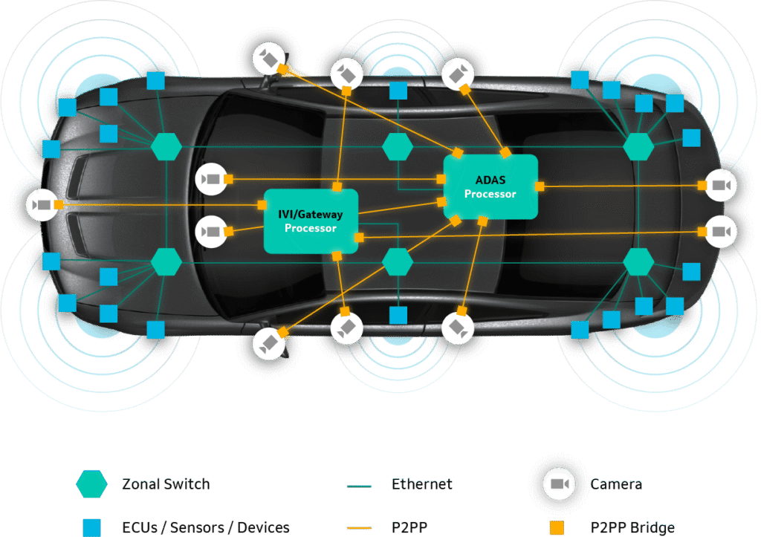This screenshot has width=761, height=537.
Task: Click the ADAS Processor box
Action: click(490, 186)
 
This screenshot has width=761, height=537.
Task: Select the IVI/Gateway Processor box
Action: click(311, 221)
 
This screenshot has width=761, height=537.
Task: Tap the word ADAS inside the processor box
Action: click(490, 180)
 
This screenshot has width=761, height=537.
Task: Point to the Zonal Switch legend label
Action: click(166, 485)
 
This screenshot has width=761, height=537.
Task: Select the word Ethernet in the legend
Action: click(421, 485)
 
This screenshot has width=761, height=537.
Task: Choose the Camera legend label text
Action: click(616, 485)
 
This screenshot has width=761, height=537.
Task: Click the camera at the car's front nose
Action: click(42, 204)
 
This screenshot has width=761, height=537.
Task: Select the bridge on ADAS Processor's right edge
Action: click(540, 186)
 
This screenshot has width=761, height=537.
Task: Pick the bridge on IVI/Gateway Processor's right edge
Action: click(360, 238)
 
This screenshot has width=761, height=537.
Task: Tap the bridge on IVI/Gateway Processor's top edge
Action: click(337, 186)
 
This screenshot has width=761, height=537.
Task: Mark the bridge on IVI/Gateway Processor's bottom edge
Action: click(337, 256)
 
